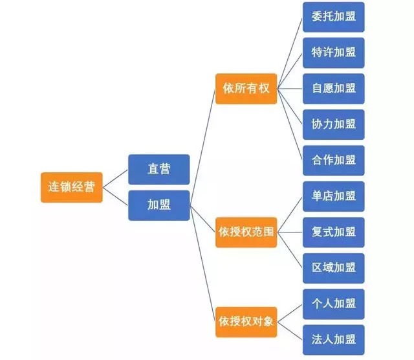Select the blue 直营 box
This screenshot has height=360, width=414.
[x=158, y=169]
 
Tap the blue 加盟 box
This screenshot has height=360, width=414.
[x=158, y=205]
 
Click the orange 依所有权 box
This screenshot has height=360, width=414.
[x=246, y=89]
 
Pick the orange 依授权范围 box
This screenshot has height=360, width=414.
[x=246, y=231]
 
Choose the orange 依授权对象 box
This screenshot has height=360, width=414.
[x=246, y=321]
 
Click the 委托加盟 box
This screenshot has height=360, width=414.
[x=333, y=17]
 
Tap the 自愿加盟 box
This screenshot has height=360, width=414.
[x=333, y=89]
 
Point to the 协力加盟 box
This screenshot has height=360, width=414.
[x=333, y=124]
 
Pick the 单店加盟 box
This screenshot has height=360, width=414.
[x=333, y=196]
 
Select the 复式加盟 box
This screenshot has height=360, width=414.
[x=333, y=232]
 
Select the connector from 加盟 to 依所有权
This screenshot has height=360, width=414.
[x=202, y=146]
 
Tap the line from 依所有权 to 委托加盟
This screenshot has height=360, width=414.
[x=290, y=51]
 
